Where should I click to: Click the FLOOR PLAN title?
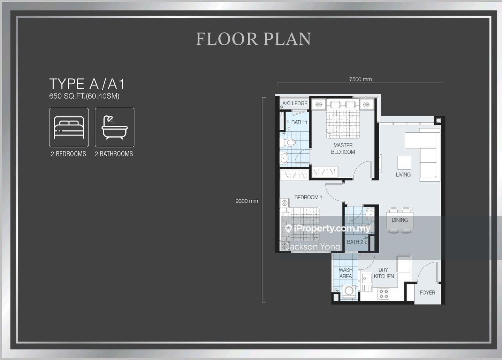(x=253, y=39)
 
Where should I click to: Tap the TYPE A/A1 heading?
(x=87, y=84)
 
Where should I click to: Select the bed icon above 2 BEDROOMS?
(x=69, y=128)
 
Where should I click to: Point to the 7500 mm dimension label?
(x=360, y=79)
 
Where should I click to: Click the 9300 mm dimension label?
(x=246, y=201)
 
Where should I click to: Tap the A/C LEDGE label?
(x=295, y=103)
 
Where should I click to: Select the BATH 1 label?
(x=299, y=122)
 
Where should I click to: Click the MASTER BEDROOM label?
(x=343, y=148)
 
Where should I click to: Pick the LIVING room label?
(x=403, y=175)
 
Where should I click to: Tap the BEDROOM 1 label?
(x=308, y=197)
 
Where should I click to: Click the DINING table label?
(x=400, y=220)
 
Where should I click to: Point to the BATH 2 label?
(x=355, y=242)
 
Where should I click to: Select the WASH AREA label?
(x=345, y=273)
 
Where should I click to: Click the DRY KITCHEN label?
(x=384, y=273)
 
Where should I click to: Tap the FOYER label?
(x=427, y=293)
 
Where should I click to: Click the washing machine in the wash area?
(x=349, y=291)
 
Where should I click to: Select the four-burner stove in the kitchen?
(x=384, y=294)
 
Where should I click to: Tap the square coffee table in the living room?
(x=404, y=162)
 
